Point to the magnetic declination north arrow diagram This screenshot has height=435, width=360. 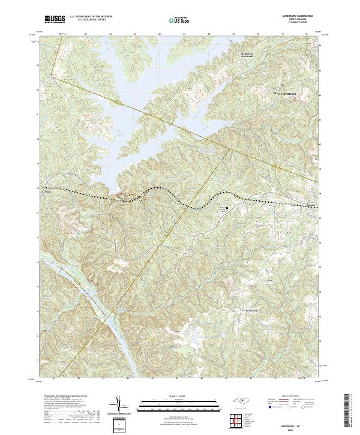(119, 404)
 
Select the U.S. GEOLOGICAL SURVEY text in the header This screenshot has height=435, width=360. (87, 22)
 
